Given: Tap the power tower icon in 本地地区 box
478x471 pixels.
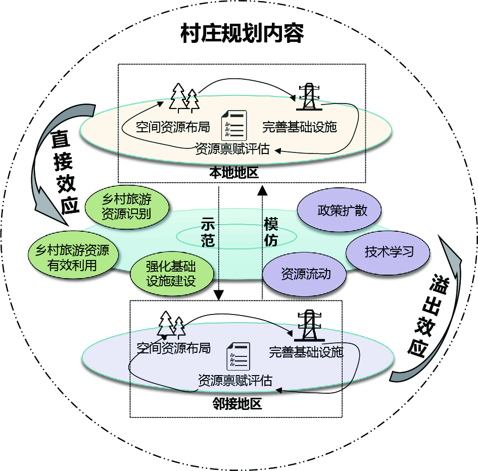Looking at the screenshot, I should [x=306, y=96].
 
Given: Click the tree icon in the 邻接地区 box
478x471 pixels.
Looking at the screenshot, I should [x=171, y=325].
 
